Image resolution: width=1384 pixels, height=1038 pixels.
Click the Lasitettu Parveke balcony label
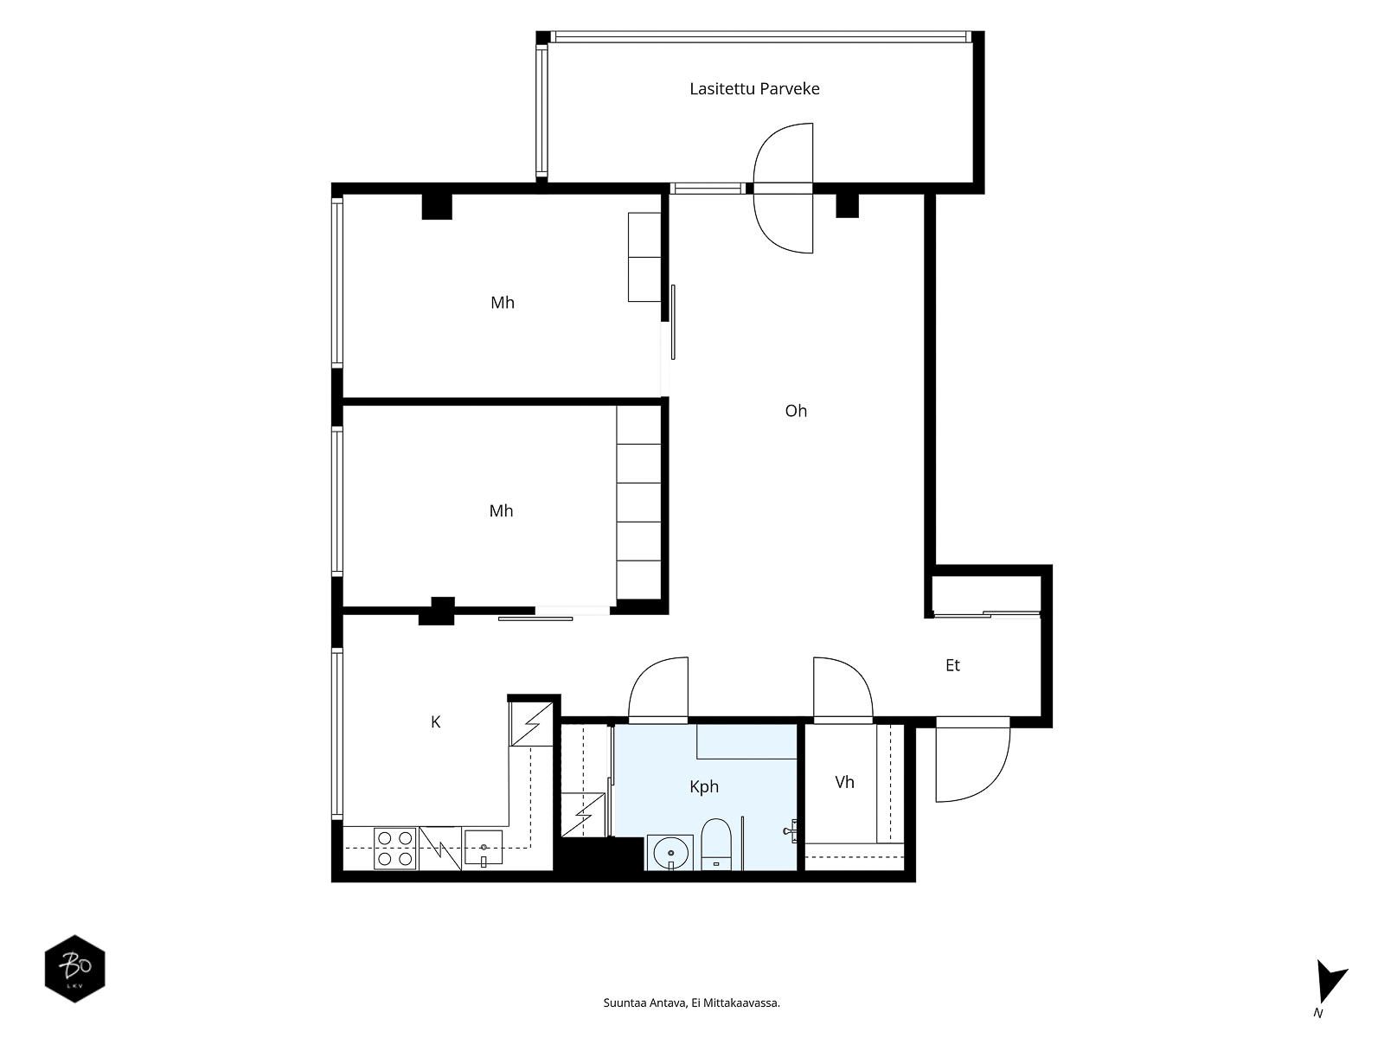click(754, 89)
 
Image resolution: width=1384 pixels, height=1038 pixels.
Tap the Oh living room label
click(796, 411)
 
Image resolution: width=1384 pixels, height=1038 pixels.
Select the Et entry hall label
click(952, 665)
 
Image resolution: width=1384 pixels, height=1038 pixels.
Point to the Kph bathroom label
click(703, 786)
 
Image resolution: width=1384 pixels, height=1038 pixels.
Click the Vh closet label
click(844, 782)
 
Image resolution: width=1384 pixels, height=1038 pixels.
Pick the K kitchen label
click(435, 722)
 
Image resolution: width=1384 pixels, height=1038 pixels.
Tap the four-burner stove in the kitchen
click(395, 849)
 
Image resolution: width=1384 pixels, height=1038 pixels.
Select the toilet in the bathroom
click(715, 844)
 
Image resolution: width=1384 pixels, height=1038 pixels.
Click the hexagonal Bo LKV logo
click(75, 969)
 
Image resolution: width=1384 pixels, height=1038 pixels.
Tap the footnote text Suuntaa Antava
click(645, 1003)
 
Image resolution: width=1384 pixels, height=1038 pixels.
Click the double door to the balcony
click(783, 189)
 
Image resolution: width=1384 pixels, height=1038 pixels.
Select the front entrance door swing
click(973, 759)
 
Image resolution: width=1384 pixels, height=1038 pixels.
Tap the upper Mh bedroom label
click(503, 303)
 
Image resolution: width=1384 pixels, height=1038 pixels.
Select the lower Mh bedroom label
click(501, 511)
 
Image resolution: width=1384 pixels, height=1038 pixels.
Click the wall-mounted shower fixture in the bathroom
click(791, 830)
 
